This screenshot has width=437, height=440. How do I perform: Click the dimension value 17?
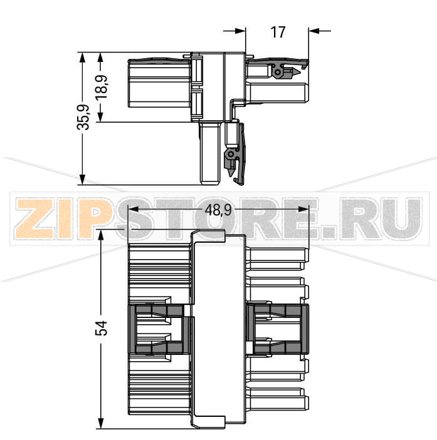coord(278,31)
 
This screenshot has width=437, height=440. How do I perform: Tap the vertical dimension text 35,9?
coord(83,118)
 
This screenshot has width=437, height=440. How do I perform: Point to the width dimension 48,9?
coord(218,211)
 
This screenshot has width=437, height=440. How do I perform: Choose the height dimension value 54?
coord(101,328)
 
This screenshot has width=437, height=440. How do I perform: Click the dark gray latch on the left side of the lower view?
coord(160,329)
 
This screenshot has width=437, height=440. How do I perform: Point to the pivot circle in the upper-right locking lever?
coord(278,73)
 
